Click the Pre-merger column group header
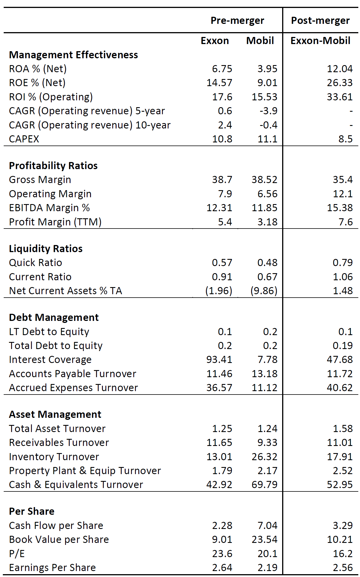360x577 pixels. [x=237, y=21]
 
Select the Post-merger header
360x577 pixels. [x=320, y=21]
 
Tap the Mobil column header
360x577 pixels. [x=260, y=41]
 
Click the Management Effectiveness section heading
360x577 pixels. [x=73, y=55]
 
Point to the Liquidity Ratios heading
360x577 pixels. [x=46, y=249]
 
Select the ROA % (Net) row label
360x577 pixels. [x=38, y=69]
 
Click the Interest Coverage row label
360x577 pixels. [x=50, y=360]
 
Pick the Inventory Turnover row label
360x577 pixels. [x=54, y=456]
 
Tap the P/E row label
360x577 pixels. [x=17, y=553]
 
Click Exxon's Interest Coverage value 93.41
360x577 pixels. [x=219, y=360]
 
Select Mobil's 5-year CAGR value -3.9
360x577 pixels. [x=268, y=111]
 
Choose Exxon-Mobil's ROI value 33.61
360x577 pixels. [x=340, y=97]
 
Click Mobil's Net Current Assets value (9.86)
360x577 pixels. [x=264, y=291]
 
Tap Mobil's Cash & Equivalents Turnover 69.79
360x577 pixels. [x=264, y=485]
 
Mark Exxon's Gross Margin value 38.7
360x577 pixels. [x=222, y=180]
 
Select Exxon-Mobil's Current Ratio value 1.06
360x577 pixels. [x=343, y=277]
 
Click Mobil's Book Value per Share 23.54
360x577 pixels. [x=264, y=539]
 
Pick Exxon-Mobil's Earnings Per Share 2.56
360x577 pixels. [x=343, y=567]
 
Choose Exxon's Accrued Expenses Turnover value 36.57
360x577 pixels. [x=219, y=388]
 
